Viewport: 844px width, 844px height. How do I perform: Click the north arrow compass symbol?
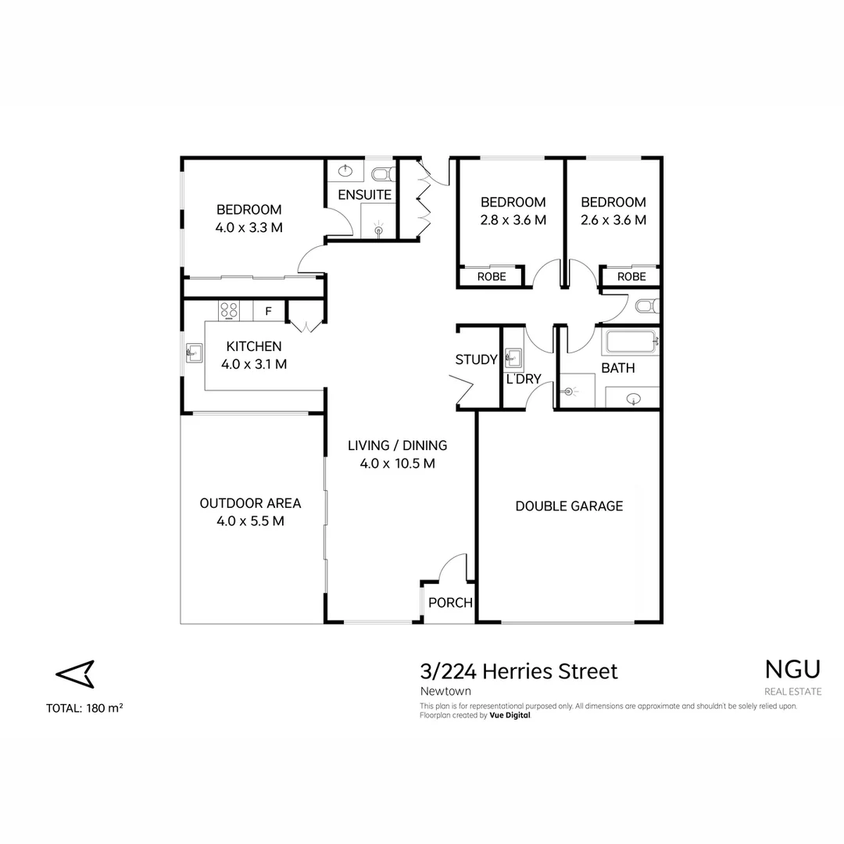[75, 673]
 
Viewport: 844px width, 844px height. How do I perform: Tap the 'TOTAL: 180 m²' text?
[84, 708]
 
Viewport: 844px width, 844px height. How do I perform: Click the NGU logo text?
[792, 670]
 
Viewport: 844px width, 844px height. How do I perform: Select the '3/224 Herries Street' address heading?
[518, 671]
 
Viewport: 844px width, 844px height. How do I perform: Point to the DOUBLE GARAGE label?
[569, 506]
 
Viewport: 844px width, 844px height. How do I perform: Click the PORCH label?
[451, 603]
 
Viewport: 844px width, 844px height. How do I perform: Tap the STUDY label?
[476, 359]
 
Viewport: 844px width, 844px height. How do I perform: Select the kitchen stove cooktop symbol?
[229, 310]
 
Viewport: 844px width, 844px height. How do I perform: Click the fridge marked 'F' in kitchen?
[268, 311]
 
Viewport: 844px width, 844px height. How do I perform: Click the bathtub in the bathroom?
[630, 342]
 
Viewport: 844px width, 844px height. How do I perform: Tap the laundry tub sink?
[513, 359]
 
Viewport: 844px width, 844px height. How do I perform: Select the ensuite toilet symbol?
[381, 173]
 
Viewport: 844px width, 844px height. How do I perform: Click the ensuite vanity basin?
[345, 171]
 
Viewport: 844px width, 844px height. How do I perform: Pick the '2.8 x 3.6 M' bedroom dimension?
[513, 220]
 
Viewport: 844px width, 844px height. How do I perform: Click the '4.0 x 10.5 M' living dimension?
[397, 463]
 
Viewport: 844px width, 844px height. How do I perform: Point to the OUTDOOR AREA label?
[250, 503]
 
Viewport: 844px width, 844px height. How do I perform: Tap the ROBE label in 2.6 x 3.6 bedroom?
[631, 277]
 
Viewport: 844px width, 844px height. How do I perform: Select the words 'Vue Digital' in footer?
[510, 715]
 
